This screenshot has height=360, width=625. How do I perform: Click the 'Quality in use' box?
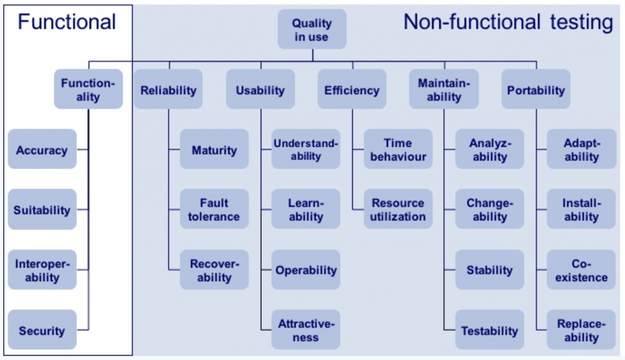coord(312,29)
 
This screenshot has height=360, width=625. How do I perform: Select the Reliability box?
coord(168,90)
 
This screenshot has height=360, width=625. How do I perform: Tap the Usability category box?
coord(260,90)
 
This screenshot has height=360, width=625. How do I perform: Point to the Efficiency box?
coord(352,90)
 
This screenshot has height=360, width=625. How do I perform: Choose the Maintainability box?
coord(444,90)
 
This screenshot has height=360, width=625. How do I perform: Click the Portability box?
coord(536,90)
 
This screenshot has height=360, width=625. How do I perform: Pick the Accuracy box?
coord(42,149)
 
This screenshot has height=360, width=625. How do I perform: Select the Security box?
coord(42,330)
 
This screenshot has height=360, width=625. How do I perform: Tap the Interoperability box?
coord(42,270)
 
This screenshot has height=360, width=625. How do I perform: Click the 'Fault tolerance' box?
coord(214,209)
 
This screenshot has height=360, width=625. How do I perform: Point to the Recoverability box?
coord(214,270)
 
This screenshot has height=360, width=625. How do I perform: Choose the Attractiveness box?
coord(306,330)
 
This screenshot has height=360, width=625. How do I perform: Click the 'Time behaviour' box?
coord(398,149)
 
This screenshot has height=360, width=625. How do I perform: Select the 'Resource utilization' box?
coord(398,209)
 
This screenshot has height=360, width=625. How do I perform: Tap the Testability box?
coord(490,330)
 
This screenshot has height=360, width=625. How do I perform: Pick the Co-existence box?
coord(582,270)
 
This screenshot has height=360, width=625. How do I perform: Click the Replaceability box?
coord(582,330)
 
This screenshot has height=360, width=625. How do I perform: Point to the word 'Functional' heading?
coord(67,23)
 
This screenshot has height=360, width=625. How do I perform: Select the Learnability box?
coord(306,209)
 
